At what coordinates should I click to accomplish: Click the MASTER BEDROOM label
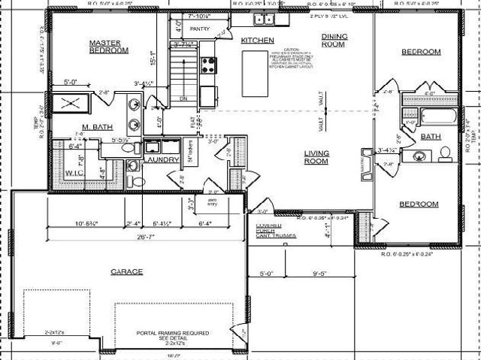tap(110, 47)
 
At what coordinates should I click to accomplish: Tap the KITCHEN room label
tap(257, 40)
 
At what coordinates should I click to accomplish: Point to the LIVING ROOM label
tap(316, 156)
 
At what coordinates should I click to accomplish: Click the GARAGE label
tap(126, 271)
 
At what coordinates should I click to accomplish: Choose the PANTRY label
tap(200, 29)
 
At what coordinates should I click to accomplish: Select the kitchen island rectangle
tap(254, 74)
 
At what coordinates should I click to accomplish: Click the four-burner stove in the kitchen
tap(208, 65)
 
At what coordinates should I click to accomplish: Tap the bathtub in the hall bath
tap(438, 117)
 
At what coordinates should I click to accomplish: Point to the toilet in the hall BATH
tap(445, 154)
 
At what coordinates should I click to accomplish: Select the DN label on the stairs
tap(183, 98)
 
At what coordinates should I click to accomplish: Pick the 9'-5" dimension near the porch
tap(316, 274)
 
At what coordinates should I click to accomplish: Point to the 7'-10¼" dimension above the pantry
tap(200, 14)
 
